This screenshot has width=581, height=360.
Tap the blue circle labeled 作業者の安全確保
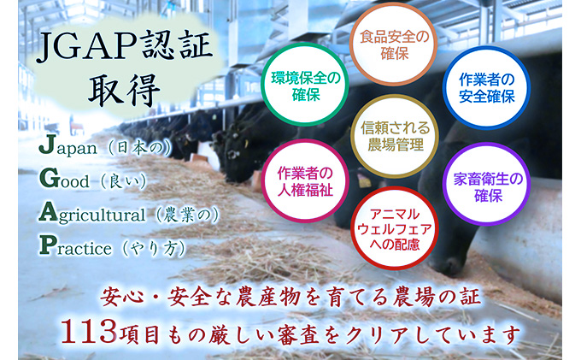tap(485, 87)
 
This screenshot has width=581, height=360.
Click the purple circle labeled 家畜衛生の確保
tap(484, 183)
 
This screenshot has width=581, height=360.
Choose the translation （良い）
tap(125, 180)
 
